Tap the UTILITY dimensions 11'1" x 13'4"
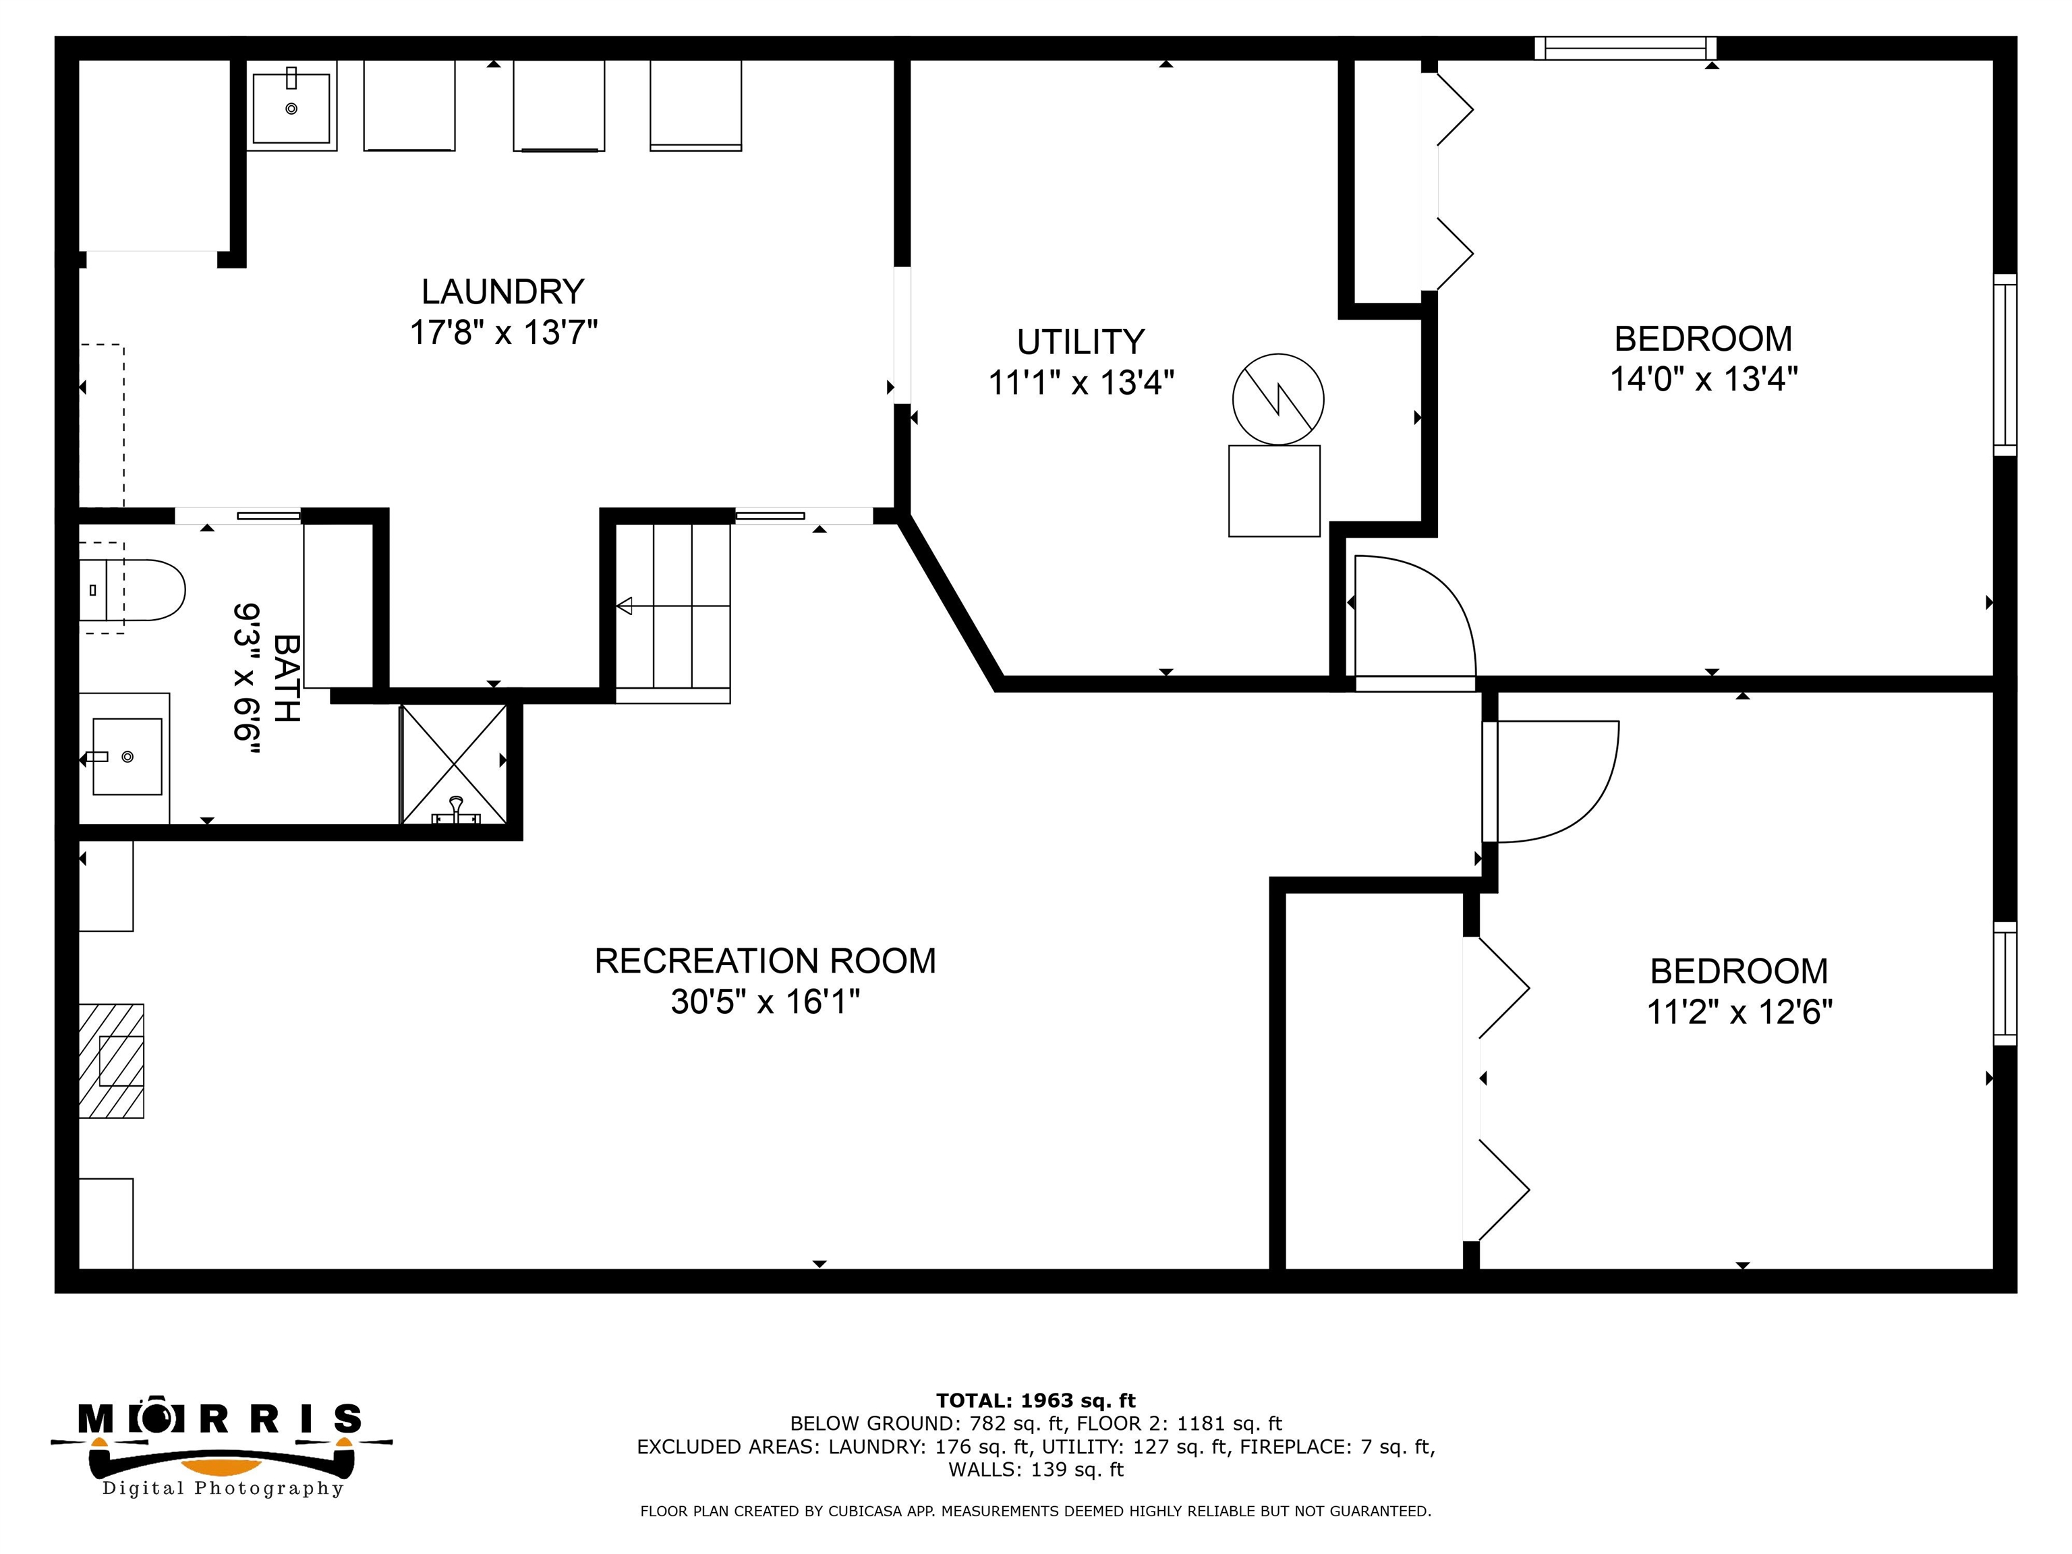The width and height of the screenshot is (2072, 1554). point(1081,382)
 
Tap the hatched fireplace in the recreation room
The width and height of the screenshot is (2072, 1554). point(111,1060)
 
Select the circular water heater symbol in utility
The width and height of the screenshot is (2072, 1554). point(1277,399)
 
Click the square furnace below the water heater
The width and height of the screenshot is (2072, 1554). point(1274,491)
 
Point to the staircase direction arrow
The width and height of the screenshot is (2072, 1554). point(625,606)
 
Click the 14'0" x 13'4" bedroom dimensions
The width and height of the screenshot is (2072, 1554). point(1703,378)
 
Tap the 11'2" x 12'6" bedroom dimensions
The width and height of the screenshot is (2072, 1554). point(1739,1012)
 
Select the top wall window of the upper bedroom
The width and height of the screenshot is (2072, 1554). point(1625,48)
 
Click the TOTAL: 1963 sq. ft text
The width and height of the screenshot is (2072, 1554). point(1035,1400)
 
